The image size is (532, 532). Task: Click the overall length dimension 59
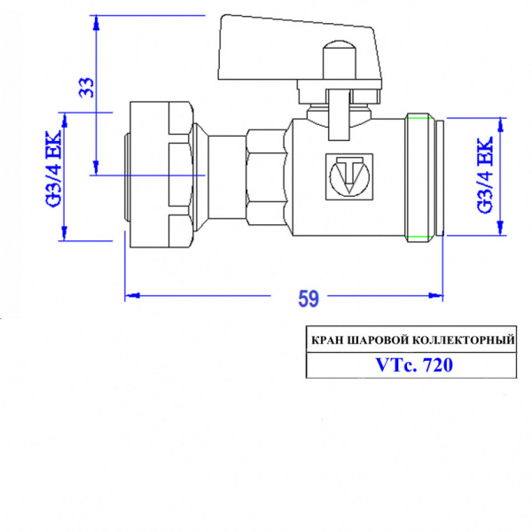pyautogui.click(x=308, y=299)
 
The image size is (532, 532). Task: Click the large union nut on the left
pyautogui.click(x=160, y=176)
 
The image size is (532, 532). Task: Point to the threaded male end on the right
pyautogui.click(x=423, y=175)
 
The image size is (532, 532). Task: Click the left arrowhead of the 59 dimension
pyautogui.click(x=129, y=293)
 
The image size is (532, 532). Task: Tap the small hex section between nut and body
pyautogui.click(x=266, y=176)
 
